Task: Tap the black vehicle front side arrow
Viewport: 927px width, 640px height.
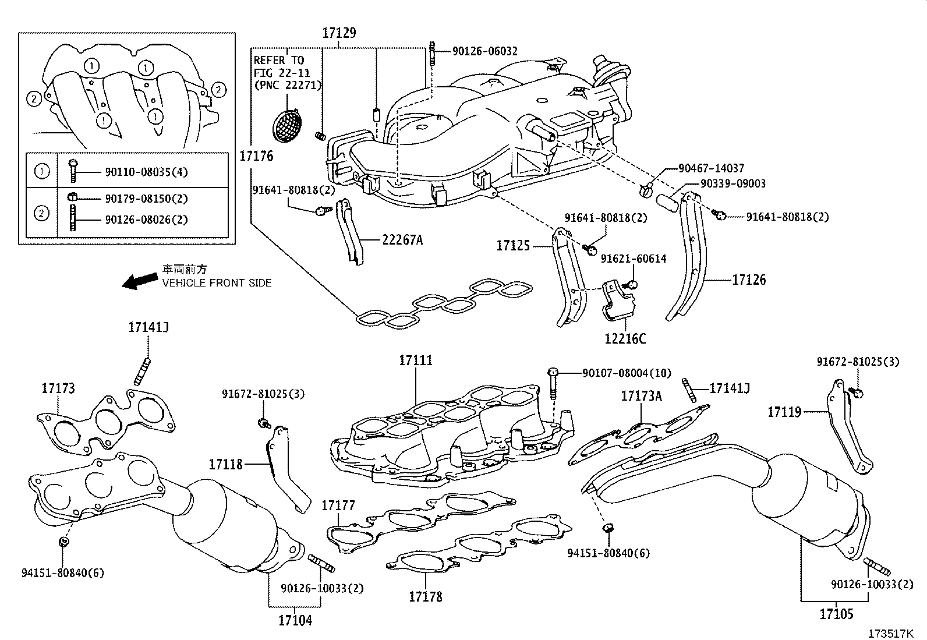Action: coord(139,282)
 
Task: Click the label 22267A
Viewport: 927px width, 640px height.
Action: coord(402,239)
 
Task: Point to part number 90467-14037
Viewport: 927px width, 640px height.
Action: coord(711,168)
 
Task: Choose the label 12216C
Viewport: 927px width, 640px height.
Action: coord(625,338)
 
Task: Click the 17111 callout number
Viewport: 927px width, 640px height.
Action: coord(416,360)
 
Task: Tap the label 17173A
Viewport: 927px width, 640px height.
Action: coord(641,396)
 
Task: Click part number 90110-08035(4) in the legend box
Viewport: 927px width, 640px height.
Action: coord(146,172)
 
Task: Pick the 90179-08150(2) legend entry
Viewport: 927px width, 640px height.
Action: coord(146,198)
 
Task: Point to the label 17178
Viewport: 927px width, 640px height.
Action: coord(425,596)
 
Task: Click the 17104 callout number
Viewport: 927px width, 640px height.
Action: coord(295,620)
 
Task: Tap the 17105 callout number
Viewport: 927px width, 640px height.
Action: coord(837,614)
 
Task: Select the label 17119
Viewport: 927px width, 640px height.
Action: coord(784,412)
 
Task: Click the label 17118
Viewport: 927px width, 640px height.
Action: coord(226,464)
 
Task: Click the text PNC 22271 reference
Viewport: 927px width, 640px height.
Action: coord(288,85)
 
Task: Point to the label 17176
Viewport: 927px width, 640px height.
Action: coord(256,156)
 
